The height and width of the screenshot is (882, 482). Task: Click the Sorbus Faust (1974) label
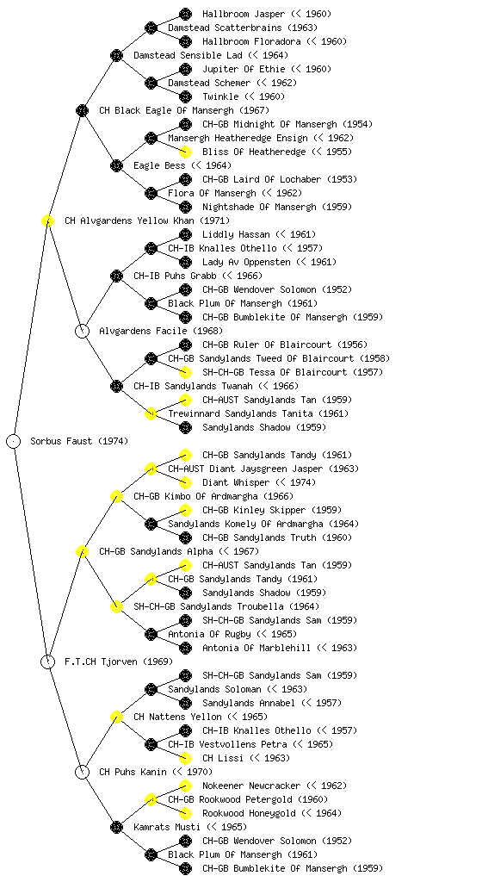point(79,441)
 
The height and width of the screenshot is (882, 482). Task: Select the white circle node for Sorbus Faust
point(14,441)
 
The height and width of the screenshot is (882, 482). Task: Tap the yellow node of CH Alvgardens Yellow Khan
point(47,220)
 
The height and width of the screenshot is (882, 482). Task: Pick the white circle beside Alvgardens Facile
point(82,331)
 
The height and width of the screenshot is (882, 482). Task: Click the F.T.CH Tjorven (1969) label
point(119,661)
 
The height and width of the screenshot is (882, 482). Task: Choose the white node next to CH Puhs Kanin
point(82,772)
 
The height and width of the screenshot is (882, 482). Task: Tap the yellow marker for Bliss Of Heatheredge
point(185,152)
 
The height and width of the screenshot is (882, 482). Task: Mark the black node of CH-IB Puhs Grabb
point(116,276)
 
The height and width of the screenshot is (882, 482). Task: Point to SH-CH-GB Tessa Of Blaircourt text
point(275,372)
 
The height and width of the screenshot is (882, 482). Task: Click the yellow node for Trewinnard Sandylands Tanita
point(151,413)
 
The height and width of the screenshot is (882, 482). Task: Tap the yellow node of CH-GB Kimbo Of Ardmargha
point(116,496)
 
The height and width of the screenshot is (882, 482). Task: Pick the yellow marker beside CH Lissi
point(185,758)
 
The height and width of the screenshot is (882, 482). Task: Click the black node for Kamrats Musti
point(116,827)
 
